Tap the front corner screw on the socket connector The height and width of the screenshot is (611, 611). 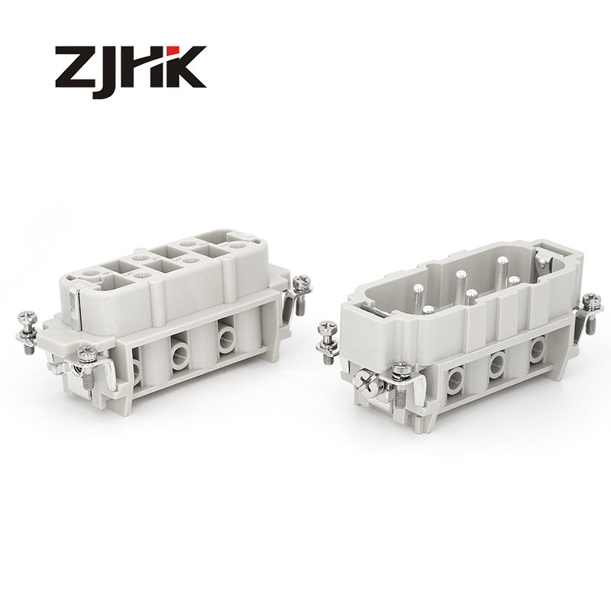(86, 352)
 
